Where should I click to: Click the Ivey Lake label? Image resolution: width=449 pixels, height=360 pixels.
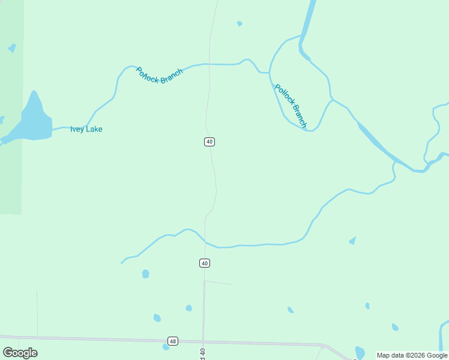point(86,129)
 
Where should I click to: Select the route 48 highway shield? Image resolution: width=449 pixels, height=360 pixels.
point(173,341)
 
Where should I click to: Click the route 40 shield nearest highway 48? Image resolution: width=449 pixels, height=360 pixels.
point(205,263)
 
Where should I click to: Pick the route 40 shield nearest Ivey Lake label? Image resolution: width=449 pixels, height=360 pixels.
point(209,142)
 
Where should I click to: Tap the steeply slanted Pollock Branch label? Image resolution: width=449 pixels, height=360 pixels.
point(291,106)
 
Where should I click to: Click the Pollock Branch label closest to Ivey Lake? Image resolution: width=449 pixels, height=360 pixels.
point(159,76)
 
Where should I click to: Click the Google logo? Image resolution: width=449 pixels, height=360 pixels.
point(20,353)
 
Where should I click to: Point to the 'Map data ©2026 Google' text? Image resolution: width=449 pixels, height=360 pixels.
point(412,355)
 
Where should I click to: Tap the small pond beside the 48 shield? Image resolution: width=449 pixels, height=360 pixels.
point(166,347)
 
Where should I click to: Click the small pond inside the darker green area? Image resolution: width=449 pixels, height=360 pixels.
point(11,48)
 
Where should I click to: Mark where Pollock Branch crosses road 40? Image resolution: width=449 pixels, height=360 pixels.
point(208,64)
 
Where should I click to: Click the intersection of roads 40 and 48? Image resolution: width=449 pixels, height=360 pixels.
point(203,342)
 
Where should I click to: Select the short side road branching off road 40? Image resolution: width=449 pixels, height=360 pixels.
point(218,283)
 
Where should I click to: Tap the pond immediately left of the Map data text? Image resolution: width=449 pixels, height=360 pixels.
point(360,352)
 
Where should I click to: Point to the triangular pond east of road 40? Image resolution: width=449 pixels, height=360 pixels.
point(352,241)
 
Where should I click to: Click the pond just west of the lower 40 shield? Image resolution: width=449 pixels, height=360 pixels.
point(145,274)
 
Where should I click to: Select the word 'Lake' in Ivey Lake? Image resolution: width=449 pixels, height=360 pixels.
point(94,129)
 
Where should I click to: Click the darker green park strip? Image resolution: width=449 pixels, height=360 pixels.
point(11,180)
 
